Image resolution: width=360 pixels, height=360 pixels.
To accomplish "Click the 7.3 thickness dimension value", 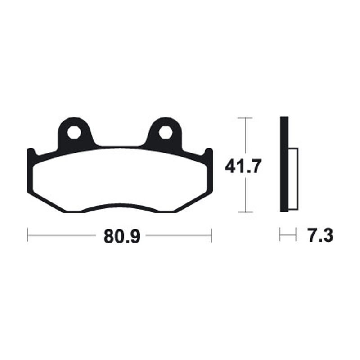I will click(320, 235).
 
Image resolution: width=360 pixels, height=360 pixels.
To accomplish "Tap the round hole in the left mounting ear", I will click(75, 133).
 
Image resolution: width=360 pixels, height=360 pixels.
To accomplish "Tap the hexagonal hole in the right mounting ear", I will click(165, 133).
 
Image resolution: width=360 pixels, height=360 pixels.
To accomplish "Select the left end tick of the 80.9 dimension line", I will click(28, 235).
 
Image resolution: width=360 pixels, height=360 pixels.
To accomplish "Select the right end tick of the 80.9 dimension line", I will click(211, 235).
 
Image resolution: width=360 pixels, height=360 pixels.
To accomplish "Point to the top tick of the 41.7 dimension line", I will click(244, 118).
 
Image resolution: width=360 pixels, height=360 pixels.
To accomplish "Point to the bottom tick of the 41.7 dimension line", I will click(244, 212).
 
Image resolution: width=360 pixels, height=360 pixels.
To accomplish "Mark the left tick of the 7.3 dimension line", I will click(280, 235).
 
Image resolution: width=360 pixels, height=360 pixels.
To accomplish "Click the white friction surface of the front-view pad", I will click(120, 180).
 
